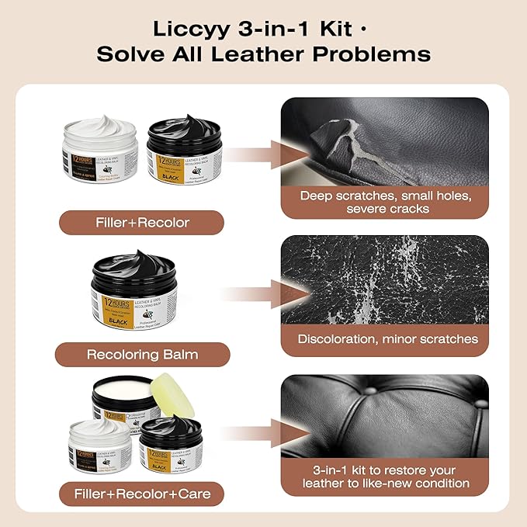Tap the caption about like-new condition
pos(386,477)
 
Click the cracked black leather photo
pos(383,279)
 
